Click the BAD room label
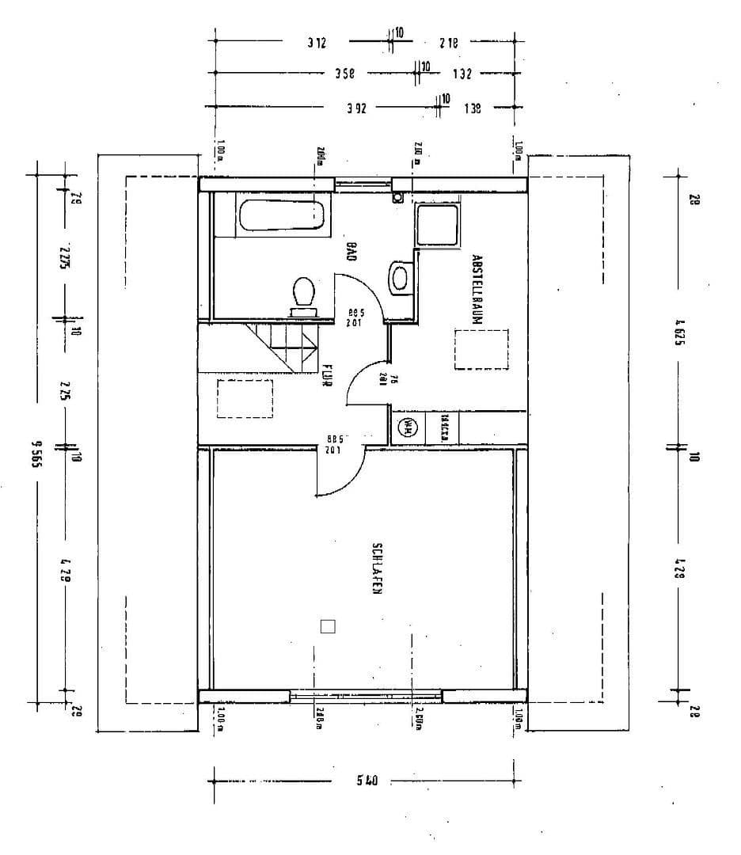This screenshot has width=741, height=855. tap(351, 252)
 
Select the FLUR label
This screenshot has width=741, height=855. tap(325, 375)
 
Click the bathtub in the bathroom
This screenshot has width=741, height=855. tap(281, 216)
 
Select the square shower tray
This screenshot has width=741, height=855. tap(437, 224)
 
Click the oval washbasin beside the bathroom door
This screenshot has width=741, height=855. tap(401, 279)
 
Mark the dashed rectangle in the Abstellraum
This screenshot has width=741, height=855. tap(481, 349)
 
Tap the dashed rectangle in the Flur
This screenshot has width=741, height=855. tap(245, 397)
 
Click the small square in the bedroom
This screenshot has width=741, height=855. tap(328, 626)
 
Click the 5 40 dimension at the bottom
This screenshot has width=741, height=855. tap(367, 781)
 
